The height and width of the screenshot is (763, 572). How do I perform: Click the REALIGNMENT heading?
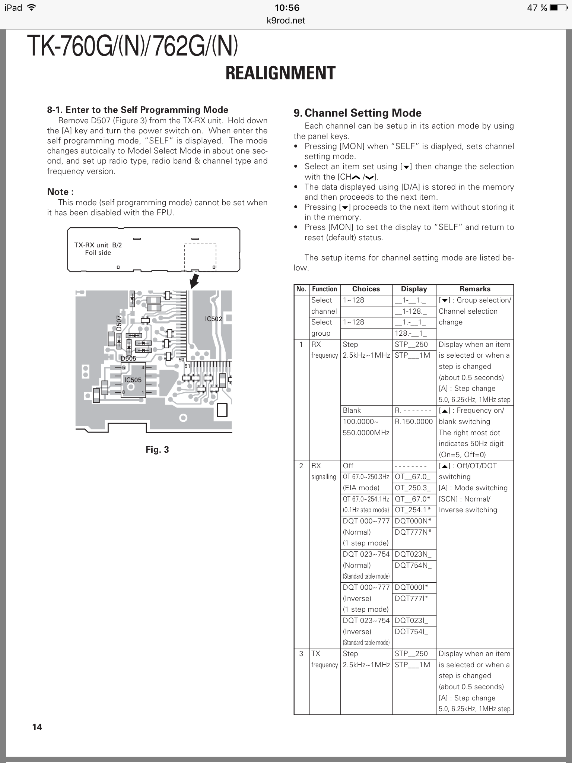tap(280, 73)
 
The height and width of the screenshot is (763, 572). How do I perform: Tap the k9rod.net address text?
tap(286, 20)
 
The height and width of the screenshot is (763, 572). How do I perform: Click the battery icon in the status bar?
tap(559, 8)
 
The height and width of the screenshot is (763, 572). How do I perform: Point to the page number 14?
tap(37, 727)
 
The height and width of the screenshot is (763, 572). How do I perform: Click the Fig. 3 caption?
tap(157, 450)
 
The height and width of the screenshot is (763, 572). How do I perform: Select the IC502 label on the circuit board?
tap(213, 319)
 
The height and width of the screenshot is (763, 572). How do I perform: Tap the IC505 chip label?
tap(133, 380)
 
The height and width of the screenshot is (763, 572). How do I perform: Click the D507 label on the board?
tap(119, 323)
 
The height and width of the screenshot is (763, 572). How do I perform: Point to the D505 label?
tap(128, 358)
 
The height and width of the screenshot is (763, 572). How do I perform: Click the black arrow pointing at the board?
tap(194, 281)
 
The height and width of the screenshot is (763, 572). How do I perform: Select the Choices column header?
tap(366, 289)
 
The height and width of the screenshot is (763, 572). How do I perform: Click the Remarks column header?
tap(475, 289)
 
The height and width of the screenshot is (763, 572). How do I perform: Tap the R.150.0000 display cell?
tap(414, 422)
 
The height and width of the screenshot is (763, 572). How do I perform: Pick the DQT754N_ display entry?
tap(413, 565)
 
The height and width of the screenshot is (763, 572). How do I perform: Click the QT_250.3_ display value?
tap(413, 488)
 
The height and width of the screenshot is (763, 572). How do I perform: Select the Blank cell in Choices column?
tap(352, 411)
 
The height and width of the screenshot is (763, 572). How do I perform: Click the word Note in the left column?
tap(58, 192)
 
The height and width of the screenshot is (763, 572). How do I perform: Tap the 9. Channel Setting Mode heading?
tap(357, 113)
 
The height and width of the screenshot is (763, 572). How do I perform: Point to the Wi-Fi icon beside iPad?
tap(32, 7)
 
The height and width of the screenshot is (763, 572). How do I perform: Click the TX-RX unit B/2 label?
tap(98, 245)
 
